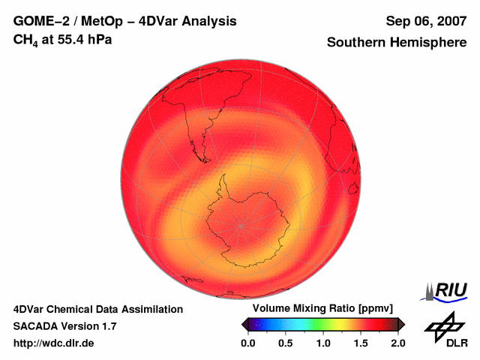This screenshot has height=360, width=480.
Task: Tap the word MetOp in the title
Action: (100, 21)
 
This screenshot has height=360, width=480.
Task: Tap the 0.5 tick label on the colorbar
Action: (285, 343)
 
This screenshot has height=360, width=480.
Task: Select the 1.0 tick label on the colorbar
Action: (323, 343)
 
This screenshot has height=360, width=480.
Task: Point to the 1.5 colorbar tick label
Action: (361, 343)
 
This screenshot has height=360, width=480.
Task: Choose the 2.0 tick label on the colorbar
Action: (397, 343)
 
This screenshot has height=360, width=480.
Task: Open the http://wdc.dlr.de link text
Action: (54, 343)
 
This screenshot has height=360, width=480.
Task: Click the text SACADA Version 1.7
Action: (64, 326)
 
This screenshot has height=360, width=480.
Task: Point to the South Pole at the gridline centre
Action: (241, 224)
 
